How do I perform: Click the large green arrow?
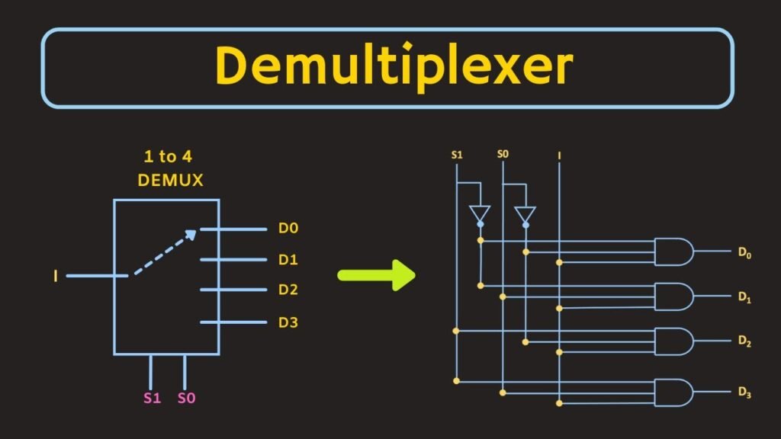(376, 274)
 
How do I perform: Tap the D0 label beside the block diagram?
(288, 229)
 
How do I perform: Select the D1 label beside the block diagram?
(288, 260)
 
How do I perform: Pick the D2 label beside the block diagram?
(288, 290)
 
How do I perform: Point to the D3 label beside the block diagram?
(288, 322)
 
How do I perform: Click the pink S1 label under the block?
(153, 397)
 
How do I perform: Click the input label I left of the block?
(56, 275)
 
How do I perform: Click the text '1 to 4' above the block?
(167, 157)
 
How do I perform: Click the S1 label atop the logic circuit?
(457, 155)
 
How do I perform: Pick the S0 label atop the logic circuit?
(503, 155)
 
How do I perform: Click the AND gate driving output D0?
(673, 252)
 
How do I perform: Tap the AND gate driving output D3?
(673, 392)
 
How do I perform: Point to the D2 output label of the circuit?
(744, 342)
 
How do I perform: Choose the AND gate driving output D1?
(673, 296)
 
